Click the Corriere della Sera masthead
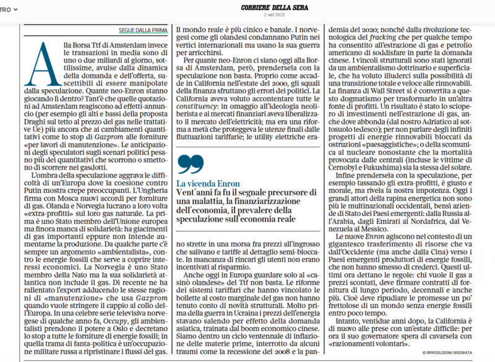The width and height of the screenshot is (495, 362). point(247,6)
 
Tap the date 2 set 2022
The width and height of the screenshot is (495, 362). point(247,15)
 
